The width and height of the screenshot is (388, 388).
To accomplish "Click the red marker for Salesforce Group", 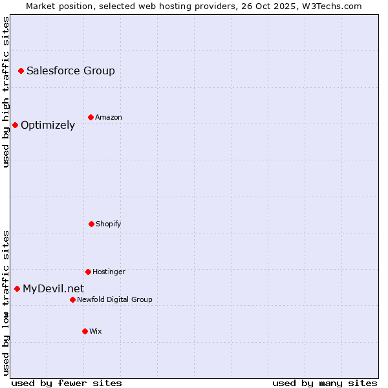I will click(21, 70).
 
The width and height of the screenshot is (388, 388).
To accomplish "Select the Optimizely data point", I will click(15, 125).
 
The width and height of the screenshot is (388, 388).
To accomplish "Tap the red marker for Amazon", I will click(91, 117).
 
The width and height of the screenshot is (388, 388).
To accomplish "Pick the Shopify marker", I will click(91, 224).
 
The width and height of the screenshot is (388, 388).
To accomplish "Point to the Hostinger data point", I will click(88, 272).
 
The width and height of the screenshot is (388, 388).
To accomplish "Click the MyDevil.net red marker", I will click(17, 288).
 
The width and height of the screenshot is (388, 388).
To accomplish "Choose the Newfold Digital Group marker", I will click(72, 299).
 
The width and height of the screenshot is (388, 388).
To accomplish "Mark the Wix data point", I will click(85, 331).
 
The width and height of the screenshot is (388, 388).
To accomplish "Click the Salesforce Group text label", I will click(70, 70).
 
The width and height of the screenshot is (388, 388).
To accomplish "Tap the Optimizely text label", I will click(48, 125).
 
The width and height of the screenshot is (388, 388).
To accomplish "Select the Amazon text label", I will click(109, 117).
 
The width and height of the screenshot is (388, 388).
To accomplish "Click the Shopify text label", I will click(109, 224).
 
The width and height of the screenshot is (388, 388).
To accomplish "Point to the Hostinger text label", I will click(109, 272).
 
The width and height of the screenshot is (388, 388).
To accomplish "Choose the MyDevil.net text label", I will click(53, 288).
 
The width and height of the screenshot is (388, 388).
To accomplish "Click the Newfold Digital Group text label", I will click(115, 299).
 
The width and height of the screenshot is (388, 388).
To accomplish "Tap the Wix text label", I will click(96, 331).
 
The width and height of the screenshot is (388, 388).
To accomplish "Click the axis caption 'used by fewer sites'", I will click(67, 383).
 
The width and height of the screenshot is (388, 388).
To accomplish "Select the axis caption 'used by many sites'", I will click(325, 383).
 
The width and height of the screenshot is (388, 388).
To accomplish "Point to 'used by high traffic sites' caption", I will click(6, 92).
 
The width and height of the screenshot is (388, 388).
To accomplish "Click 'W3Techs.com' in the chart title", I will click(334, 6).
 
